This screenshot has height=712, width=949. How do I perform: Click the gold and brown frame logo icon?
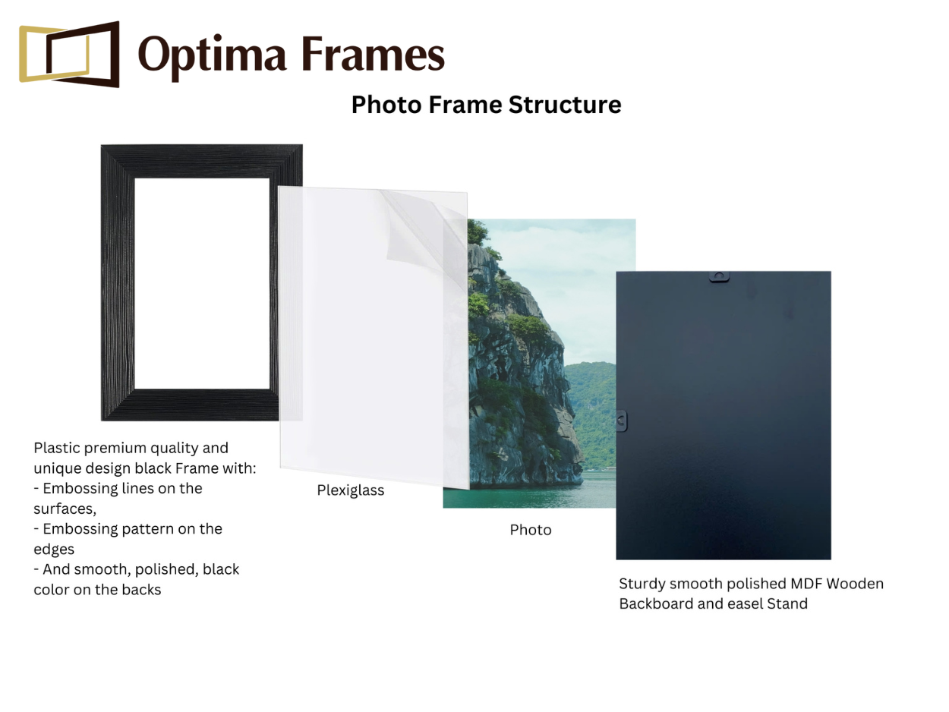(x=69, y=54)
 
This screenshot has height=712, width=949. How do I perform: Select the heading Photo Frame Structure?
(x=486, y=105)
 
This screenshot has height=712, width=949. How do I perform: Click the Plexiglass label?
(x=351, y=490)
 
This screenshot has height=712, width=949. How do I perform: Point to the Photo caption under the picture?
(x=531, y=530)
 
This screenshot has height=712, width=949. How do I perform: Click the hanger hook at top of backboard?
(x=719, y=276)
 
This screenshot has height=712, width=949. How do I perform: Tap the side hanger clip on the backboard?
(x=621, y=420)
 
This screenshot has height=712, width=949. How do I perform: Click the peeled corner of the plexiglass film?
(x=414, y=228)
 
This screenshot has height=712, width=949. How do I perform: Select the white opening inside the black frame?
(x=202, y=283)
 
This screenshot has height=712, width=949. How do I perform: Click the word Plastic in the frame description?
(x=57, y=448)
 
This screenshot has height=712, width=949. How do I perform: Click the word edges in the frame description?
(x=54, y=549)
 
